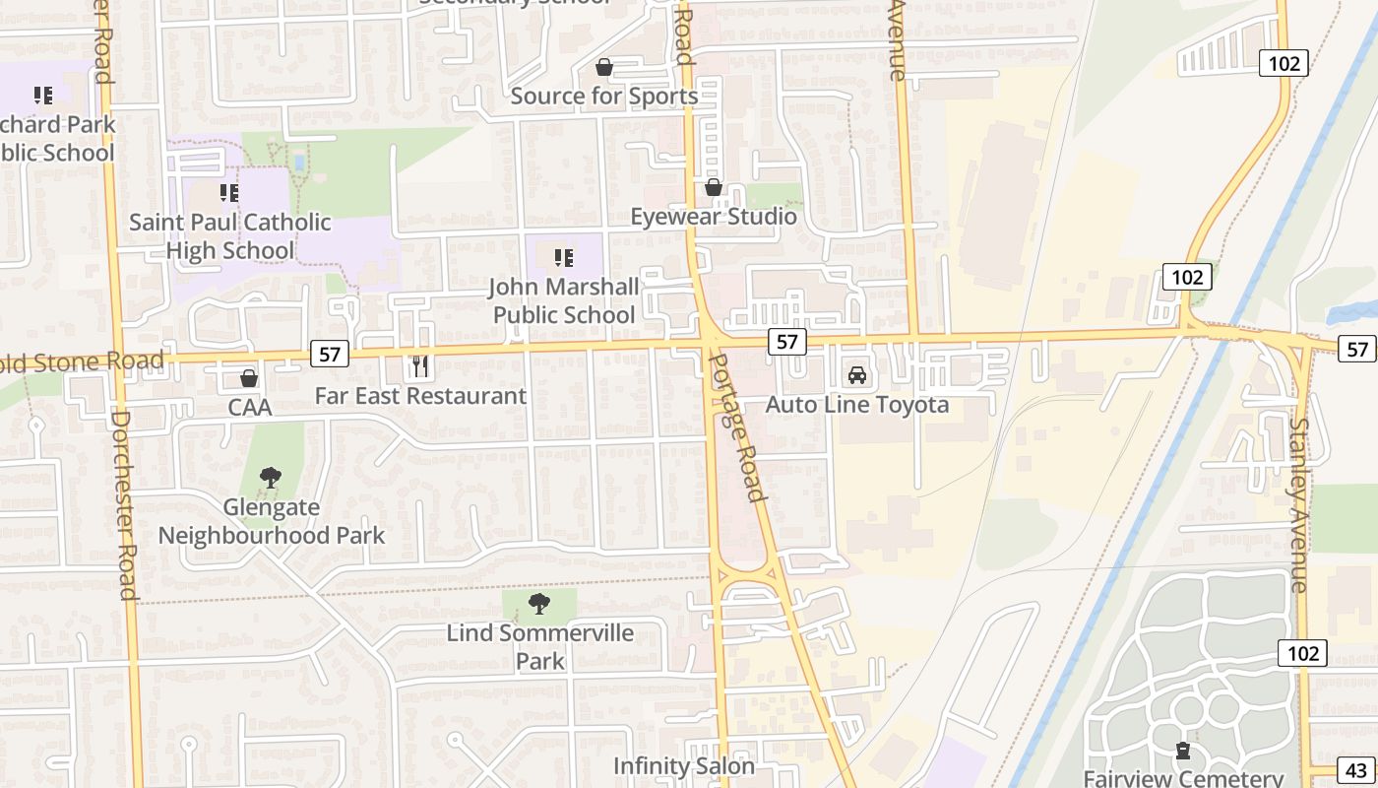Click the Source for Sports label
pyautogui.click(x=603, y=96)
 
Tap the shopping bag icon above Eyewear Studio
pyautogui.click(x=714, y=187)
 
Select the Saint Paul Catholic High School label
pyautogui.click(x=229, y=236)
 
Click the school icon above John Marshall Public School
pyautogui.click(x=563, y=258)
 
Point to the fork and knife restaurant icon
pyautogui.click(x=420, y=366)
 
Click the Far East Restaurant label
pyautogui.click(x=420, y=396)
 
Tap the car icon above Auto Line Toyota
pyautogui.click(x=857, y=375)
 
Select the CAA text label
pyautogui.click(x=249, y=407)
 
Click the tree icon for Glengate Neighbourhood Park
pyautogui.click(x=271, y=479)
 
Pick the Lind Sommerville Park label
pyautogui.click(x=540, y=646)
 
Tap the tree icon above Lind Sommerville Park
pyautogui.click(x=538, y=604)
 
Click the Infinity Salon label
pyautogui.click(x=684, y=765)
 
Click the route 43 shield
pyautogui.click(x=1356, y=770)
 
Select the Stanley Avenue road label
pyautogui.click(x=1300, y=504)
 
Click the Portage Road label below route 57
pyautogui.click(x=737, y=426)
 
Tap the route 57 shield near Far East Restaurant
pyautogui.click(x=330, y=354)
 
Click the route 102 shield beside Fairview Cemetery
pyautogui.click(x=1303, y=653)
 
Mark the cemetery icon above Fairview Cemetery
pyautogui.click(x=1182, y=751)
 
